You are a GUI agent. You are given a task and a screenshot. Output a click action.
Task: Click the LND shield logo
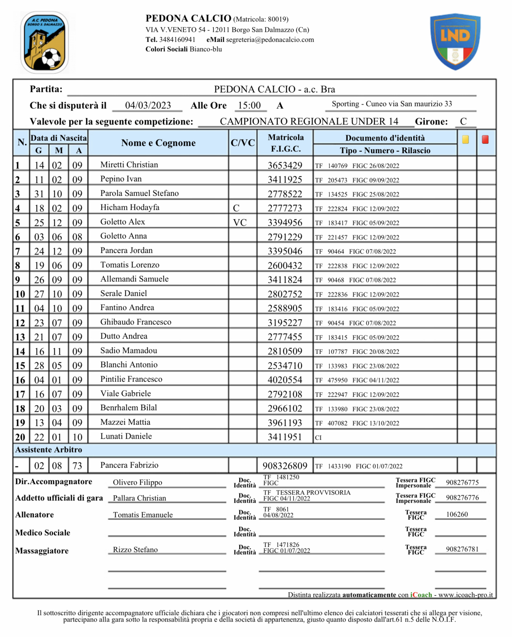pos(455,41)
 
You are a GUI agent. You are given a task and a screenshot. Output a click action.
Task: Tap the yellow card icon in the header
pos(465,140)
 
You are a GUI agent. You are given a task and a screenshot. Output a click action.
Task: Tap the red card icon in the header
pos(485,140)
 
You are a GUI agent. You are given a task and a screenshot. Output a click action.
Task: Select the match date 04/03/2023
pos(148,105)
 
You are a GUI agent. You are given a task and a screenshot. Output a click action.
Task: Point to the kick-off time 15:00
pos(249,105)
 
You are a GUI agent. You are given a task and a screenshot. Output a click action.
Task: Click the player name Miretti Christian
pos(129,165)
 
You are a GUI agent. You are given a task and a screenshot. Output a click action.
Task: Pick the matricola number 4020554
pos(285,380)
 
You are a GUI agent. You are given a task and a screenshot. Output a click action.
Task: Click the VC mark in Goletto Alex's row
pos(240,223)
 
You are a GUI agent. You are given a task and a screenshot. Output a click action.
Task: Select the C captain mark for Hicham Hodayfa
pos(236,208)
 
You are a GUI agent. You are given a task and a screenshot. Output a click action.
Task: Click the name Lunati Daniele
pos(126,436)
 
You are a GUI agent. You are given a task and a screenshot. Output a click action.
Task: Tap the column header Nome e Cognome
pos(158,143)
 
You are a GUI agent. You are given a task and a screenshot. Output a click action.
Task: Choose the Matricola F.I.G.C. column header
pos(286,143)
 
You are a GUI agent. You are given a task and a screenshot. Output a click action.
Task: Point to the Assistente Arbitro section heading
pos(49,450)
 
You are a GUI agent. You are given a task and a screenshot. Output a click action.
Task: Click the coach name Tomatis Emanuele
pos(143,515)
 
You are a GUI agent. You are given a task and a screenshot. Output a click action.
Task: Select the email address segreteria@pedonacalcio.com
pos(270,40)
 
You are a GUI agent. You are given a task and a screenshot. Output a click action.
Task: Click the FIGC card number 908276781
pos(462,549)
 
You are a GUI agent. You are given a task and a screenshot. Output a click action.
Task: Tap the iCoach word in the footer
pos(421,595)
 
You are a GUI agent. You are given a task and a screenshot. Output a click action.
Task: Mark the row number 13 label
pos(20,337)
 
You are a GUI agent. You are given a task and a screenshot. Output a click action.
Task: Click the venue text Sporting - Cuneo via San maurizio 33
pos(392,104)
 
